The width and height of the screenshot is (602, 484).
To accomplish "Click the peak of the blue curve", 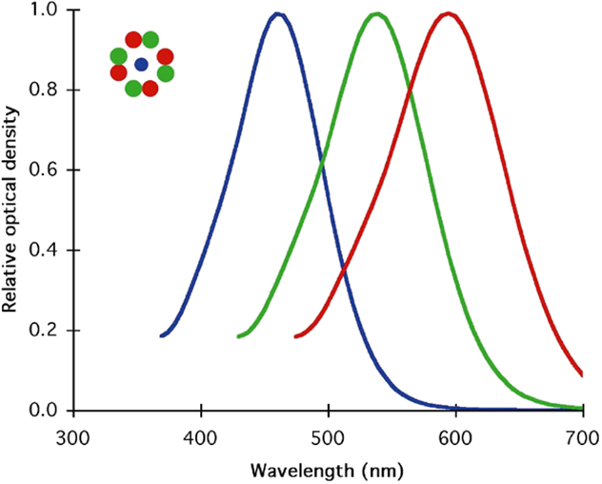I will click(x=277, y=14).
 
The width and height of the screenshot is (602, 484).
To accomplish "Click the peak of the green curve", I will click(x=378, y=14).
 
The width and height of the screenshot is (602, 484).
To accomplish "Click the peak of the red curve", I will click(x=447, y=14).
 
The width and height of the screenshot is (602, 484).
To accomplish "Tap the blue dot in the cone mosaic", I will click(x=141, y=65).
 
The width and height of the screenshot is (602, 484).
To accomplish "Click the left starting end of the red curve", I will click(x=296, y=336).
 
